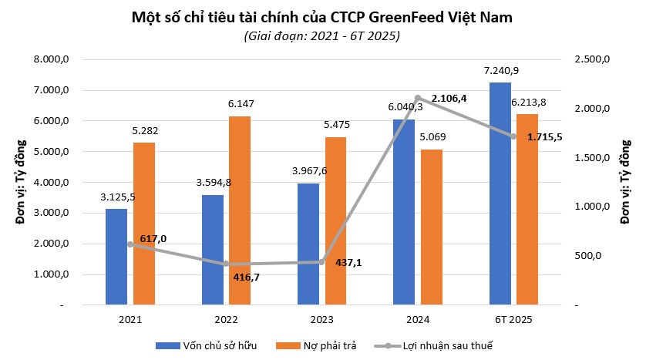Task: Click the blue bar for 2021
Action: pyautogui.click(x=116, y=257)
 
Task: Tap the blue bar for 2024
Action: pyautogui.click(x=404, y=212)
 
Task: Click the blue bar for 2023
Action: pyautogui.click(x=308, y=244)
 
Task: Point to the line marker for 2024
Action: pyautogui.click(x=418, y=99)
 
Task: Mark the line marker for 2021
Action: pyautogui.click(x=130, y=244)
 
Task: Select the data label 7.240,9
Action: pyautogui.click(x=501, y=71)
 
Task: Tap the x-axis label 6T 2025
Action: pyautogui.click(x=513, y=318)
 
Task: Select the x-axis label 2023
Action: pyautogui.click(x=322, y=318)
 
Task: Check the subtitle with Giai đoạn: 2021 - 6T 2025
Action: pyautogui.click(x=322, y=35)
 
